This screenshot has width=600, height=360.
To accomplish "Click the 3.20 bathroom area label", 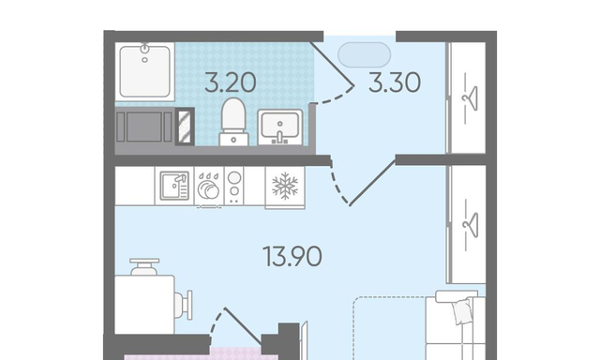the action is click(x=231, y=83).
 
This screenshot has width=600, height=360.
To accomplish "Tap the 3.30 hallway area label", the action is click(x=395, y=83).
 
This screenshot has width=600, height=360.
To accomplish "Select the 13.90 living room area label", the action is click(x=292, y=256).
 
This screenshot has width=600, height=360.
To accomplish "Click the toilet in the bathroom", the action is click(x=233, y=122).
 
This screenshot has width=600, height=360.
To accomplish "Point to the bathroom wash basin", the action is click(x=280, y=127).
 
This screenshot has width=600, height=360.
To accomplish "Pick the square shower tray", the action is click(x=144, y=71).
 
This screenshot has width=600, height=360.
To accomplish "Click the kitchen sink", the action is click(x=174, y=186).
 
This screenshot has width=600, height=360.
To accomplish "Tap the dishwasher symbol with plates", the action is click(x=208, y=186).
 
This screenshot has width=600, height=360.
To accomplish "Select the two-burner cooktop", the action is click(x=234, y=186).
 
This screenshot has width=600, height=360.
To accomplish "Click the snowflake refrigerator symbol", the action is click(x=285, y=186).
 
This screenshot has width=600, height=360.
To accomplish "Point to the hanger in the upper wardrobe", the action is click(x=471, y=98).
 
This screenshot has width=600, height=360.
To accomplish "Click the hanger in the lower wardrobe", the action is click(x=471, y=225).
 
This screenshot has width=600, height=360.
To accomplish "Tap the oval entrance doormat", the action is click(x=364, y=54).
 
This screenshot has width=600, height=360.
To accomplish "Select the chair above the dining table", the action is click(x=144, y=266).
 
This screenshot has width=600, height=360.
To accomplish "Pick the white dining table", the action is click(x=144, y=305).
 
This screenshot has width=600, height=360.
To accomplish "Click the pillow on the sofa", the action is click(x=463, y=310).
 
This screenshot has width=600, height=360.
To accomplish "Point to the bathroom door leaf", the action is click(x=331, y=64).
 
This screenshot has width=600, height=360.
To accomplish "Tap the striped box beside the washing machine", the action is click(x=185, y=127).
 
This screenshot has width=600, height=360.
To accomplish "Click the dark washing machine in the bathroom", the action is click(x=144, y=127).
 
